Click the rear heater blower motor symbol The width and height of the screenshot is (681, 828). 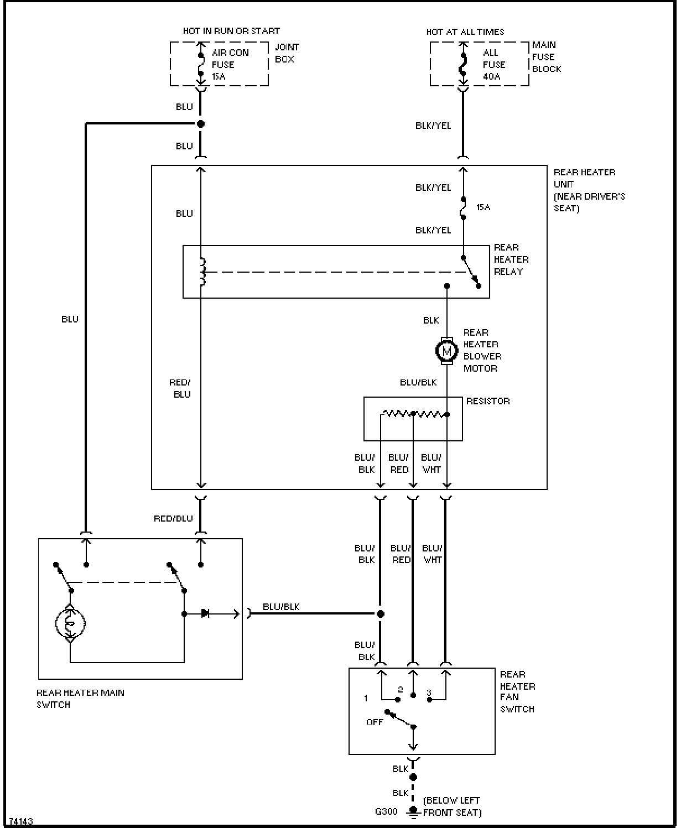click(446, 351)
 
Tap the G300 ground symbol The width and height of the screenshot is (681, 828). click(413, 812)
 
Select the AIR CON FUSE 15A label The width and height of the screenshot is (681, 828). click(230, 64)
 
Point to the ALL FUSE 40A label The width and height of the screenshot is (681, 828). click(493, 64)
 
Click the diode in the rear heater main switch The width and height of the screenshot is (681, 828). click(205, 613)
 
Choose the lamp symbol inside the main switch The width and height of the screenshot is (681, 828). click(70, 623)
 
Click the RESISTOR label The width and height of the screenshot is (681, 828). click(488, 401)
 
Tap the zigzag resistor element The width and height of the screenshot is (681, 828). click(415, 414)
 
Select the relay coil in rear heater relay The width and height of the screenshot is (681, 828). click(202, 272)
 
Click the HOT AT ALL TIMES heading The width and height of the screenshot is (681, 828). click(465, 32)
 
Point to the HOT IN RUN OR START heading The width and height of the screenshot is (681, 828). click(231, 30)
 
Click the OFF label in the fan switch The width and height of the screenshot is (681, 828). click(375, 722)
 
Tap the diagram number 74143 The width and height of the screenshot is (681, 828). click(21, 821)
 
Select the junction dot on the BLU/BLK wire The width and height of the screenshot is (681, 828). click(380, 613)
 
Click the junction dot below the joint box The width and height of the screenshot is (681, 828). click(201, 124)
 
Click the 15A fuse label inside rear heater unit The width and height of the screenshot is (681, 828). click(483, 207)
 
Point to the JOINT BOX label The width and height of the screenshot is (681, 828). click(287, 53)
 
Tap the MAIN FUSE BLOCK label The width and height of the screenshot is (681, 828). click(546, 56)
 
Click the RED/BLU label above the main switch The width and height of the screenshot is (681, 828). click(173, 518)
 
